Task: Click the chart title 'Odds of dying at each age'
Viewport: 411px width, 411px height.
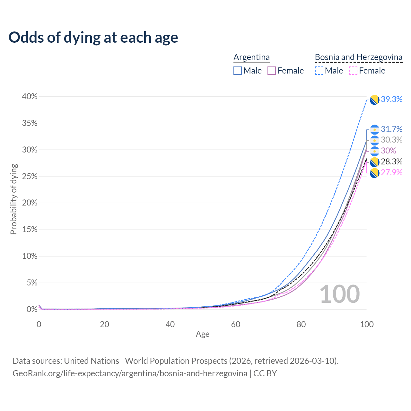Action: [x=93, y=38]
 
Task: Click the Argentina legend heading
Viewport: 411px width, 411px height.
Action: [x=251, y=57]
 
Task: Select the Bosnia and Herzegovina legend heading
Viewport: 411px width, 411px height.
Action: [x=358, y=57]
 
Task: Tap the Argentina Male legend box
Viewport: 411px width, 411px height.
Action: [x=238, y=71]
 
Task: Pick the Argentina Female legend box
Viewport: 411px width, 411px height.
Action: [x=272, y=71]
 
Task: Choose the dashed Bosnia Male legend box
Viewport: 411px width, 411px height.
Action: [x=319, y=71]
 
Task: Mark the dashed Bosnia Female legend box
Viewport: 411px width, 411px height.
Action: [x=353, y=71]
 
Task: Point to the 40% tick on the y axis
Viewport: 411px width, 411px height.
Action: [x=30, y=97]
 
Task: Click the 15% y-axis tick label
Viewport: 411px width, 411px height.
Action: [x=30, y=230]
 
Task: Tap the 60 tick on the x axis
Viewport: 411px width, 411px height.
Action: [x=236, y=324]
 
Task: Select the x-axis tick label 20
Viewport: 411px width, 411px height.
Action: [x=104, y=324]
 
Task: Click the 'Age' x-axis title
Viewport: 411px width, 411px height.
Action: [x=203, y=334]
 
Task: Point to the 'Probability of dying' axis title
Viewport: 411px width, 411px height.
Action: [x=13, y=199]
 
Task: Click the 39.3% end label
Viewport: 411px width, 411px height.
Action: [x=391, y=100]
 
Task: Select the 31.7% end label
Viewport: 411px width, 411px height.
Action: [x=391, y=129]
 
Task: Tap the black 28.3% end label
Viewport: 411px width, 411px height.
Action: [x=391, y=162]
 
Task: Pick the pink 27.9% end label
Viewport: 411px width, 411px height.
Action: [x=391, y=172]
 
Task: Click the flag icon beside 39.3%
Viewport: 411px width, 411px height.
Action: [x=374, y=100]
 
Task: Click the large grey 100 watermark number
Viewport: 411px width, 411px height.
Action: [x=340, y=294]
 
